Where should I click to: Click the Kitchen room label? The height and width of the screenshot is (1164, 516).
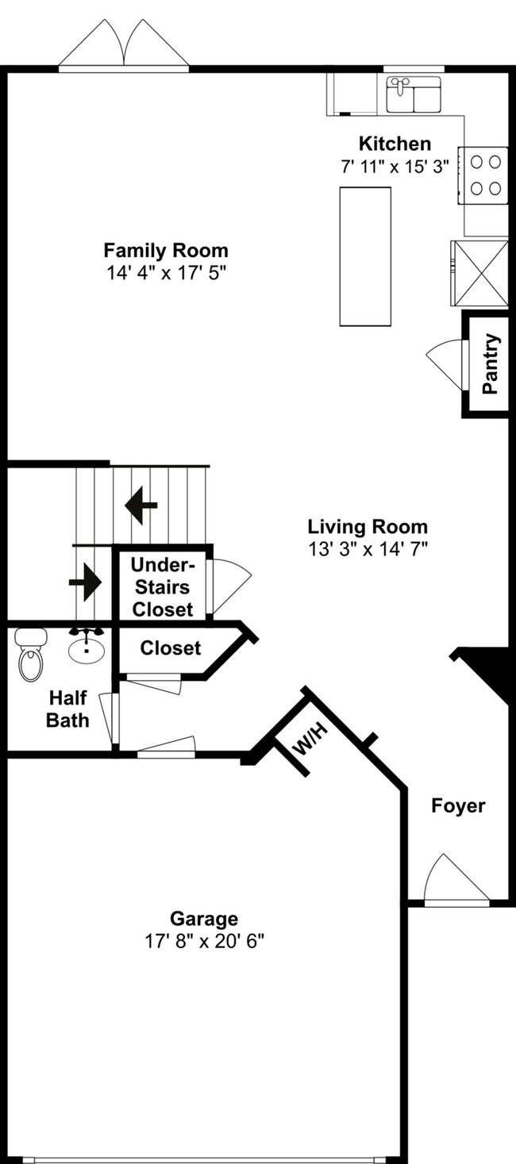pyautogui.click(x=395, y=144)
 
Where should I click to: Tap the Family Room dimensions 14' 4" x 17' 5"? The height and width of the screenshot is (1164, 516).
pyautogui.click(x=166, y=272)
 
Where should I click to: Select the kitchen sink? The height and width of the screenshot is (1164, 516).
pyautogui.click(x=413, y=94)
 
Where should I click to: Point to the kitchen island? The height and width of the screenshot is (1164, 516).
pyautogui.click(x=365, y=255)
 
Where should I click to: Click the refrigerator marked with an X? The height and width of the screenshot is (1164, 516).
pyautogui.click(x=479, y=272)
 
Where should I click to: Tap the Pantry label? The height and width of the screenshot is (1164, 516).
pyautogui.click(x=491, y=364)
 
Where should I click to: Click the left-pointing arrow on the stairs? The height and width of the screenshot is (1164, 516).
pyautogui.click(x=141, y=505)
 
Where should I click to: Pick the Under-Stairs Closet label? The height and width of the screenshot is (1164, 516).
pyautogui.click(x=162, y=587)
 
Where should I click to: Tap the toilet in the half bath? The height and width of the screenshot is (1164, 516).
pyautogui.click(x=31, y=655)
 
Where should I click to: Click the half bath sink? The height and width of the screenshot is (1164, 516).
pyautogui.click(x=86, y=647)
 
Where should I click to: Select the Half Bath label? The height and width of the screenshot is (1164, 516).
pyautogui.click(x=67, y=709)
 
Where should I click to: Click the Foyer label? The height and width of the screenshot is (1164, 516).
pyautogui.click(x=458, y=806)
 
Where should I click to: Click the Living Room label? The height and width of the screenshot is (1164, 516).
pyautogui.click(x=368, y=526)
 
